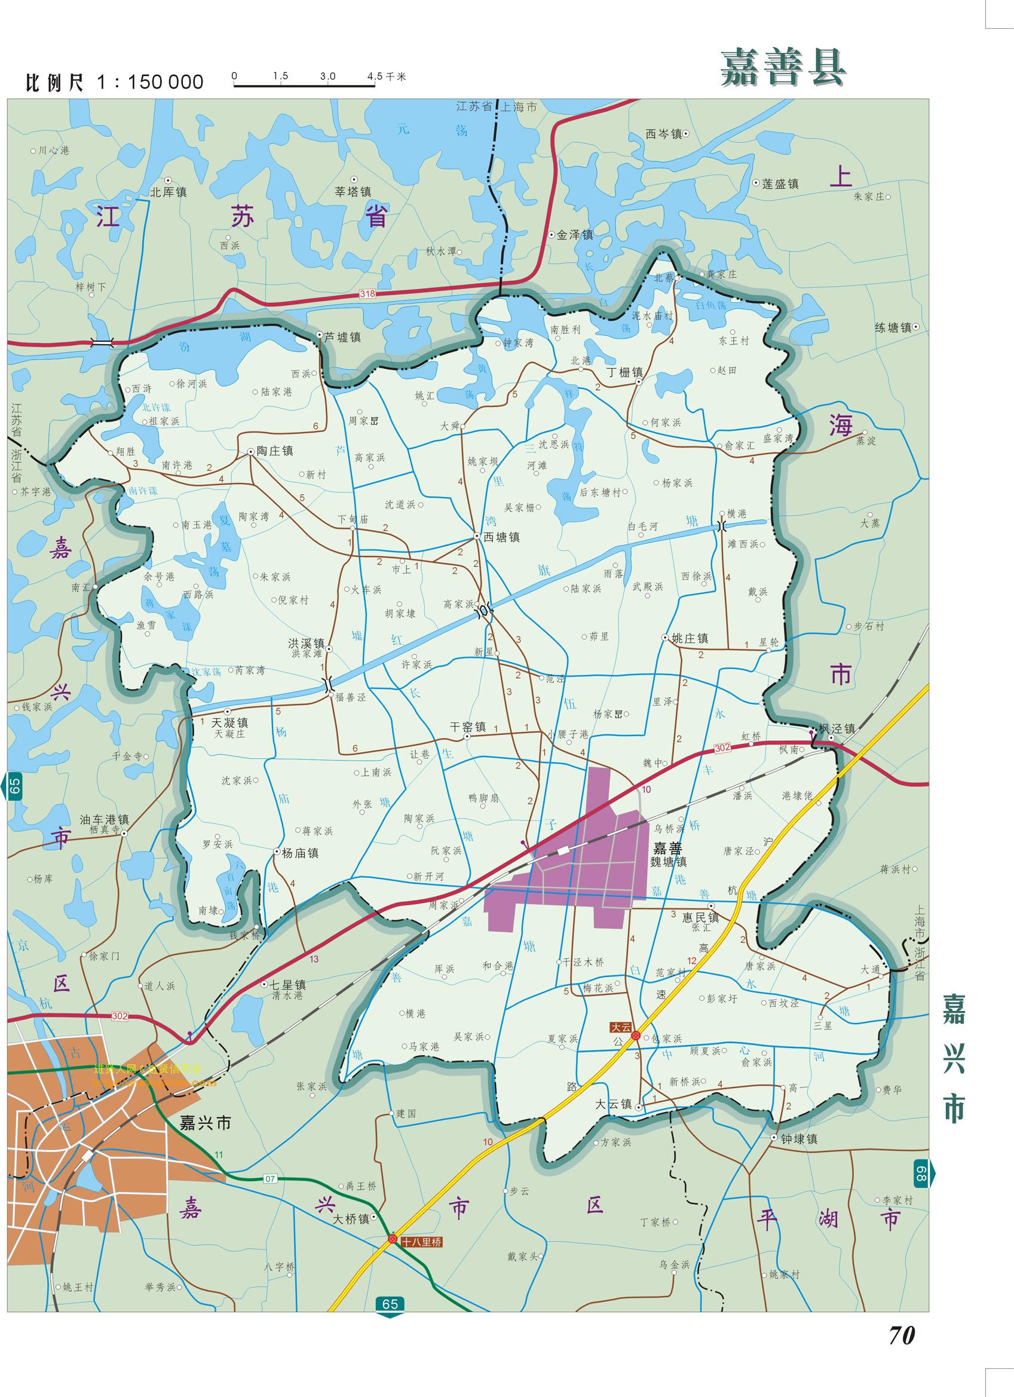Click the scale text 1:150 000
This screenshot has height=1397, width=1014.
pos(150,82)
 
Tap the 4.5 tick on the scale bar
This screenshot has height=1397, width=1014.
pos(374,76)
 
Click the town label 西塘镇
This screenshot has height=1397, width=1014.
pos(501,537)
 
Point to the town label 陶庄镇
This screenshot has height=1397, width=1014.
pos(275,451)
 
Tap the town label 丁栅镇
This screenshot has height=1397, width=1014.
pos(624,373)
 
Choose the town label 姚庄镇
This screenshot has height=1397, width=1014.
pos(690,639)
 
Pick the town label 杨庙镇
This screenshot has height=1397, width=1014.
pos(300,853)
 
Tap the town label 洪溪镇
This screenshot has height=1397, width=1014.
pos(306,643)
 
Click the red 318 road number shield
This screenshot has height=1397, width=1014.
pos(367,295)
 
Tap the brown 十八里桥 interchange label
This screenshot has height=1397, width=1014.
pos(421,1242)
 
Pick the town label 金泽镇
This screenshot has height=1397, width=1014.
pos(575,235)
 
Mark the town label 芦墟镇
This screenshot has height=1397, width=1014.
pos(342,338)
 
